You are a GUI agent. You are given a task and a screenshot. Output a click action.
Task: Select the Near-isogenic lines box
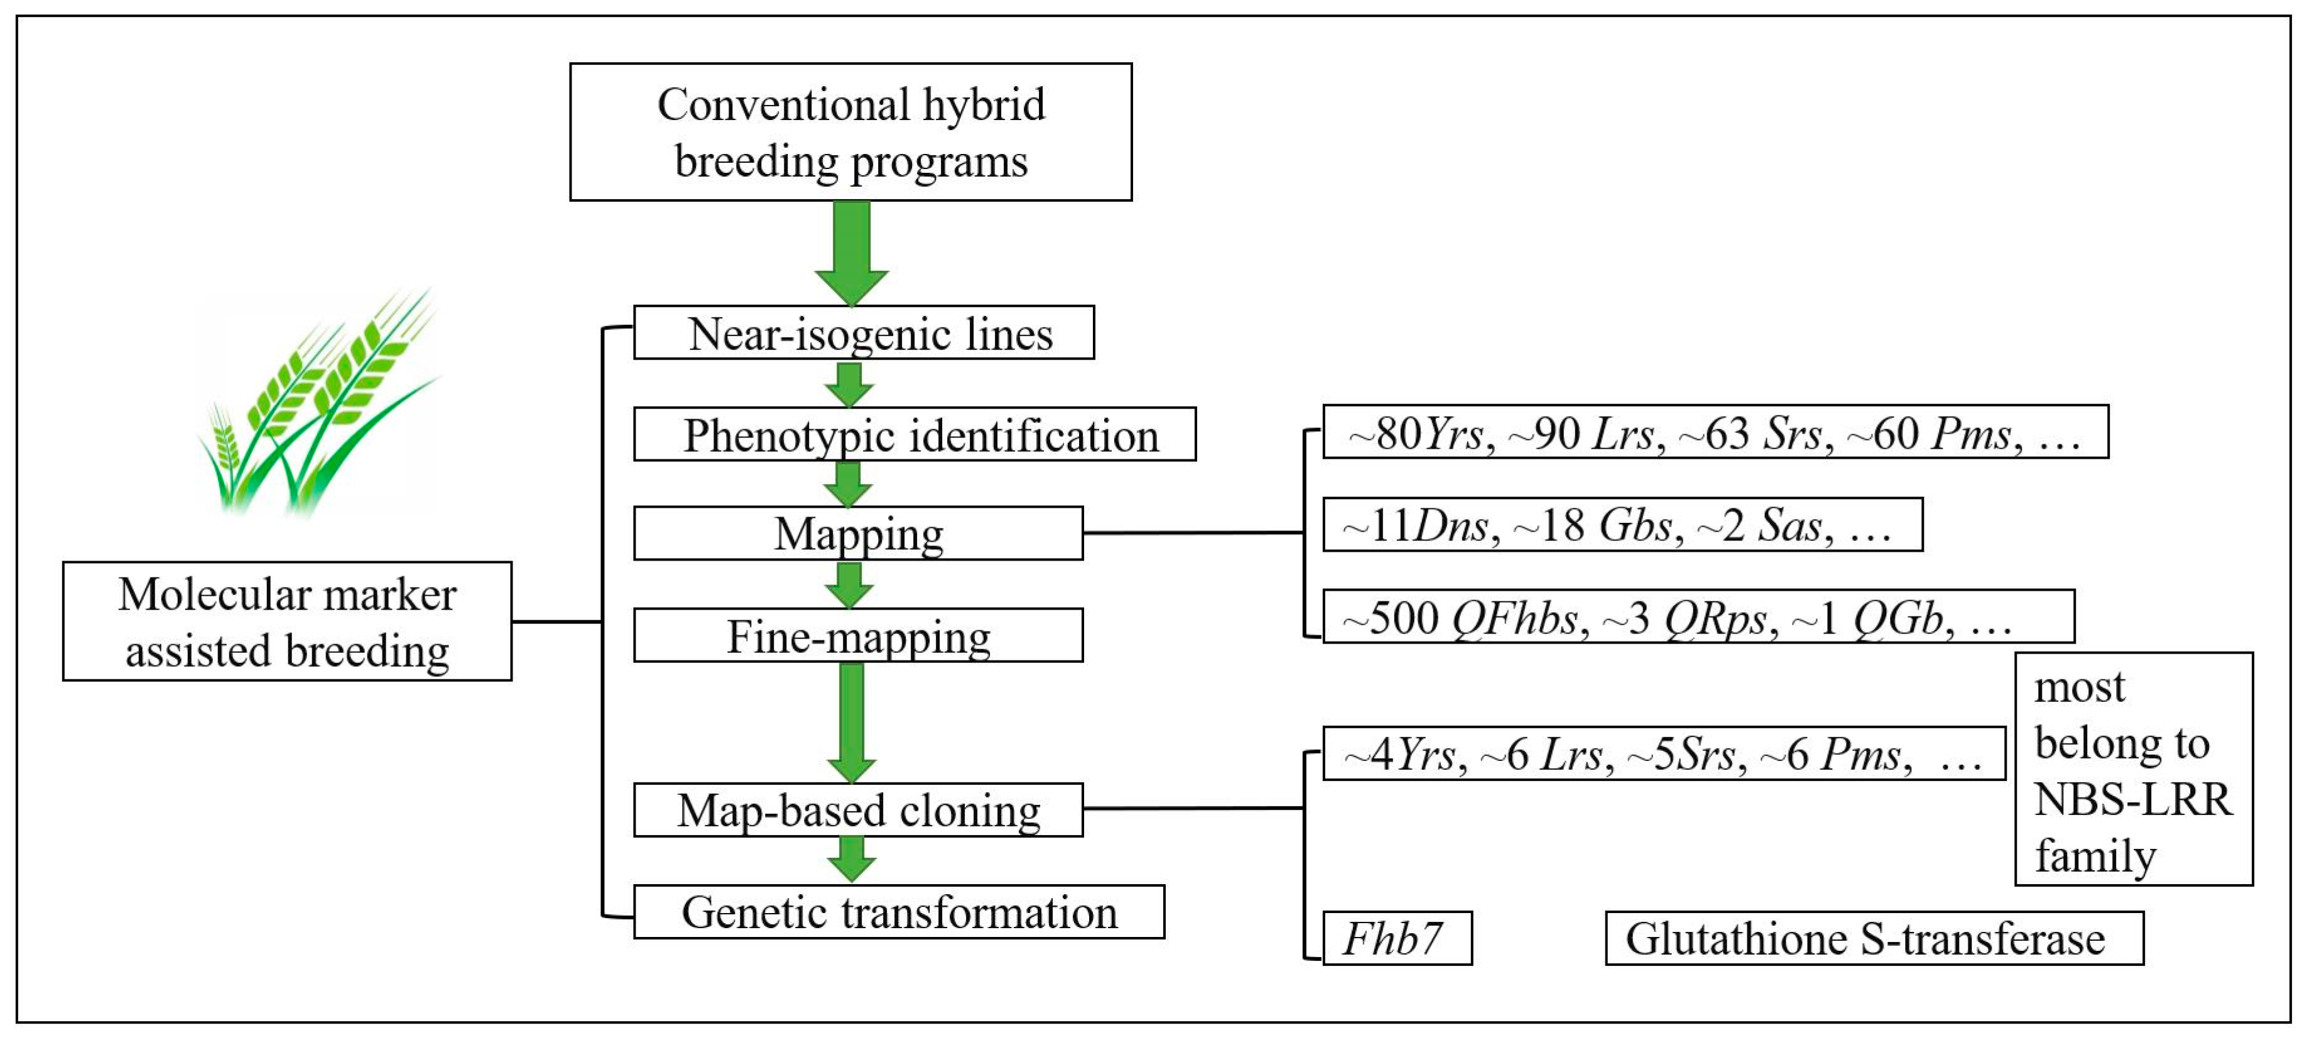(864, 333)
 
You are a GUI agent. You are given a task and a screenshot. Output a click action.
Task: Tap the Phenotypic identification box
(915, 434)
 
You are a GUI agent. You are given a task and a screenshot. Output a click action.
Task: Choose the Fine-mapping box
(858, 635)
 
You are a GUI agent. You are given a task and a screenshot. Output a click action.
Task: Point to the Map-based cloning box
(858, 810)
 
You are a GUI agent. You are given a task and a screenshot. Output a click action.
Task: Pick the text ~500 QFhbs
(1460, 618)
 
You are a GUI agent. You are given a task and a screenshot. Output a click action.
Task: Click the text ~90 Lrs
(1581, 434)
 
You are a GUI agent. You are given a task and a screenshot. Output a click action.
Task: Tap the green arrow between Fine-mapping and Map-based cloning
(851, 721)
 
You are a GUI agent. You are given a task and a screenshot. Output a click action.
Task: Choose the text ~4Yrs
(1400, 754)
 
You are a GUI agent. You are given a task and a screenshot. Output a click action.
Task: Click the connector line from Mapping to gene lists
(1191, 533)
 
